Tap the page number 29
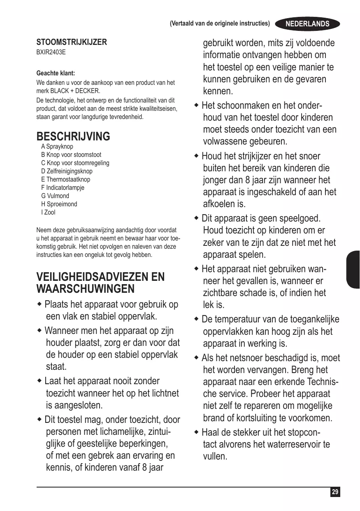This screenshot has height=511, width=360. pyautogui.click(x=335, y=492)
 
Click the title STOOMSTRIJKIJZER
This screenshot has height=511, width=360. pyautogui.click(x=72, y=42)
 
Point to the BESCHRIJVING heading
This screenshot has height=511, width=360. pyautogui.click(x=73, y=136)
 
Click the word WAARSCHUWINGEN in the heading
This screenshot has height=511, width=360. pyautogui.click(x=86, y=289)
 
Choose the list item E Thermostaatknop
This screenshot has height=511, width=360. pyautogui.click(x=65, y=180)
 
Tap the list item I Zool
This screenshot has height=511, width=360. pyautogui.click(x=48, y=212)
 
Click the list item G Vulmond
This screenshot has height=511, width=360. pyautogui.click(x=55, y=196)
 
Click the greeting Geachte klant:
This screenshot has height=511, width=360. pyautogui.click(x=56, y=74)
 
